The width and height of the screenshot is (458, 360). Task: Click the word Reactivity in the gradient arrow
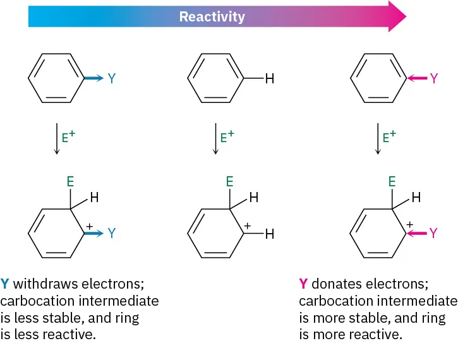[x=212, y=16]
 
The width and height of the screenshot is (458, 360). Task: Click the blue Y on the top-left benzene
[x=112, y=78]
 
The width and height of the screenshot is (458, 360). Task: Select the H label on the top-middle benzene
[x=270, y=78]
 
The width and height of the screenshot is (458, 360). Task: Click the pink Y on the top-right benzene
[x=433, y=78]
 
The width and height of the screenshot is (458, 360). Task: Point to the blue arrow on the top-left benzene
[x=92, y=78]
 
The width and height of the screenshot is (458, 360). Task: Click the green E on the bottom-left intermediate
[x=71, y=181]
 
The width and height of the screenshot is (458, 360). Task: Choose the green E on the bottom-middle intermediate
[x=230, y=181]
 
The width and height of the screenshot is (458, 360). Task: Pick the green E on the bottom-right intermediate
[x=392, y=181]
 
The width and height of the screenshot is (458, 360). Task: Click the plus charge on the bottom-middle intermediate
[x=247, y=224]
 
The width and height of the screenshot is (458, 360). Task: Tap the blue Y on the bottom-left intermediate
[x=112, y=233]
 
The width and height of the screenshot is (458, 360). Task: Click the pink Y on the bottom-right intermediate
[x=433, y=233]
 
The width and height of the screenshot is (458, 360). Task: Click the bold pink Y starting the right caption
[x=303, y=284]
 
